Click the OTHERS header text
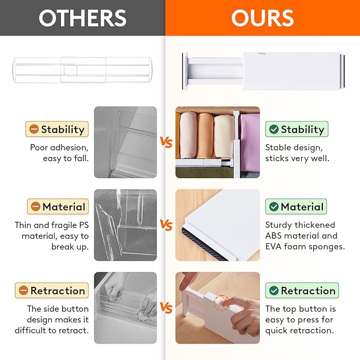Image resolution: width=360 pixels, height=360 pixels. click(x=82, y=18)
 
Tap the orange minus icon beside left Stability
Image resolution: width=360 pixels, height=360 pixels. click(x=34, y=129)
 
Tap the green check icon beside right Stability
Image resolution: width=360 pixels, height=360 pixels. click(x=274, y=129)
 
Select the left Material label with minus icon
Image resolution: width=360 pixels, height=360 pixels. click(x=57, y=207)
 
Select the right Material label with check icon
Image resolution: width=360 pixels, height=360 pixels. click(x=296, y=207)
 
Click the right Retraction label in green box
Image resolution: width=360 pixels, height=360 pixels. click(x=302, y=291)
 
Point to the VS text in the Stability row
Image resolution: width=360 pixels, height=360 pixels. click(x=166, y=142)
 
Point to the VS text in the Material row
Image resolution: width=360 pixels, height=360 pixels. click(x=166, y=226)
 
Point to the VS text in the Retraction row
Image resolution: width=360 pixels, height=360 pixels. click(x=166, y=308)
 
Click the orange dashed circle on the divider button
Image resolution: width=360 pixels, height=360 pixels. click(x=222, y=303)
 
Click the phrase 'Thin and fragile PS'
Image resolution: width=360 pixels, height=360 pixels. click(x=51, y=225)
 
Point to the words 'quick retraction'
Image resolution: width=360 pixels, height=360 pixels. click(x=300, y=330)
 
